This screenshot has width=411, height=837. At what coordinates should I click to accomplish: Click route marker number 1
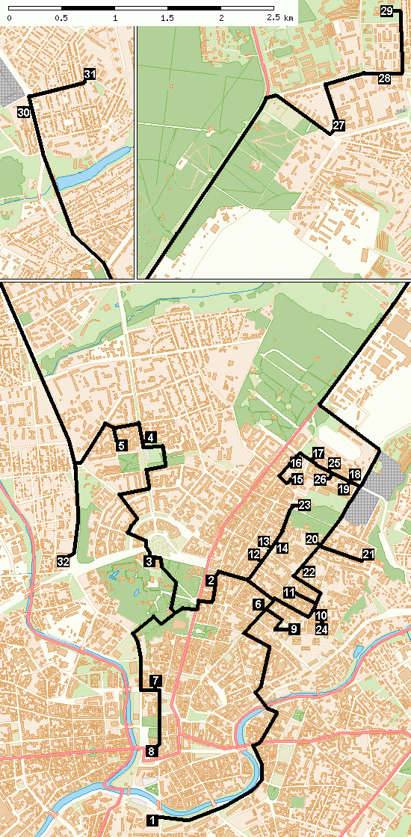pos(152,820)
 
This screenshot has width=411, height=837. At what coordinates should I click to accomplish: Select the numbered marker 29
pos(386,11)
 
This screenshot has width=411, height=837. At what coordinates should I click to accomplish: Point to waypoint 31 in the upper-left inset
pos(90,75)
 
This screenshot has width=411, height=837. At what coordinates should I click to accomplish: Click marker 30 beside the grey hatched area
pos(23,113)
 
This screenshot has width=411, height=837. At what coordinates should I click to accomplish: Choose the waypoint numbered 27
pos(339,125)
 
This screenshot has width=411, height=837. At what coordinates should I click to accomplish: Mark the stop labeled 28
pos(384,78)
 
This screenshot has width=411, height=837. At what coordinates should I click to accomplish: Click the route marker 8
pos(151,751)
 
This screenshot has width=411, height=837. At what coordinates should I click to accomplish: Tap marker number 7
pos(155,681)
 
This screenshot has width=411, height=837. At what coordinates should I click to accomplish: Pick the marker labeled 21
pos(368,554)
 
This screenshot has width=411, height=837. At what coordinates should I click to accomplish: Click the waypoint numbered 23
pos(303,506)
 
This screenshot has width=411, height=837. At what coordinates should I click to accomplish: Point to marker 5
pos(121,445)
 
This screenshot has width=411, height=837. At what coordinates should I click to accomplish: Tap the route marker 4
pos(150,437)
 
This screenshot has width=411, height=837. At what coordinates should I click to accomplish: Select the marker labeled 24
pos(321,629)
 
